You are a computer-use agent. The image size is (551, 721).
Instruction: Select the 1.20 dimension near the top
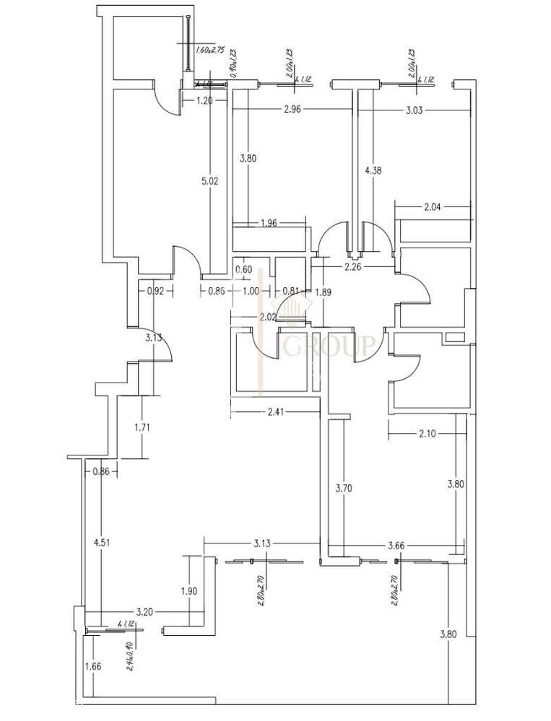click(205, 101)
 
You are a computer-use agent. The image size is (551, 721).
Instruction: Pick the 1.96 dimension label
click(268, 222)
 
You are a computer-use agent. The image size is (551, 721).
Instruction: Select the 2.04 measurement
click(432, 207)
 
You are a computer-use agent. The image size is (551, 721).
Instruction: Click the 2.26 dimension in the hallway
click(353, 267)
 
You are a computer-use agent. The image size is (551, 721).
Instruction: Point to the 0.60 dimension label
click(244, 270)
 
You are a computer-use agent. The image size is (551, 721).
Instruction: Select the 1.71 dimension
click(142, 428)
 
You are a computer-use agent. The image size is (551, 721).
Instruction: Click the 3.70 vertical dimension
click(344, 488)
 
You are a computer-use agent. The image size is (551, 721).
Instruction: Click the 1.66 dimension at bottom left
click(92, 666)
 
